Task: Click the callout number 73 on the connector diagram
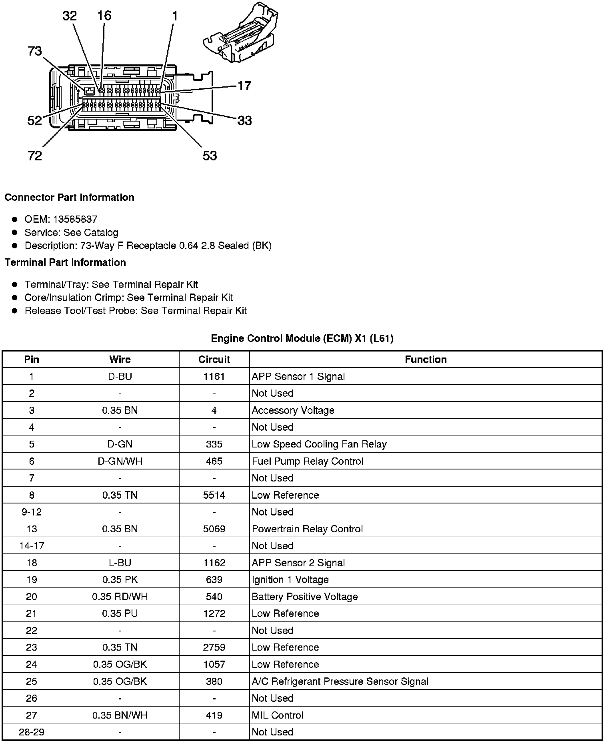tap(35, 51)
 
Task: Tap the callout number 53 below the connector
tap(210, 156)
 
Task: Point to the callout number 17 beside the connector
tap(244, 86)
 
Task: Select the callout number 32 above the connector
tap(69, 16)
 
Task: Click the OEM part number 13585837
tap(75, 219)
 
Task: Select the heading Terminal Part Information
tap(65, 262)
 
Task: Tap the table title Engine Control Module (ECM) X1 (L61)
tap(302, 338)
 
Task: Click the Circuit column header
tap(214, 359)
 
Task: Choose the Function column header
tap(426, 359)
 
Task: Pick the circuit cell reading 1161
tap(214, 376)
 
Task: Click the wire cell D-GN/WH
tap(120, 461)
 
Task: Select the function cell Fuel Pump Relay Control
tap(308, 461)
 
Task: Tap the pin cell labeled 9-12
tap(32, 512)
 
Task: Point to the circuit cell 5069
tap(214, 529)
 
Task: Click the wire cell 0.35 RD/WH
tap(120, 597)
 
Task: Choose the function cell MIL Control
tap(278, 715)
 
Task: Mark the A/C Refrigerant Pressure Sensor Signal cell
tap(340, 681)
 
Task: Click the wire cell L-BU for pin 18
tap(120, 563)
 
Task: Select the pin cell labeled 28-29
tap(32, 732)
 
